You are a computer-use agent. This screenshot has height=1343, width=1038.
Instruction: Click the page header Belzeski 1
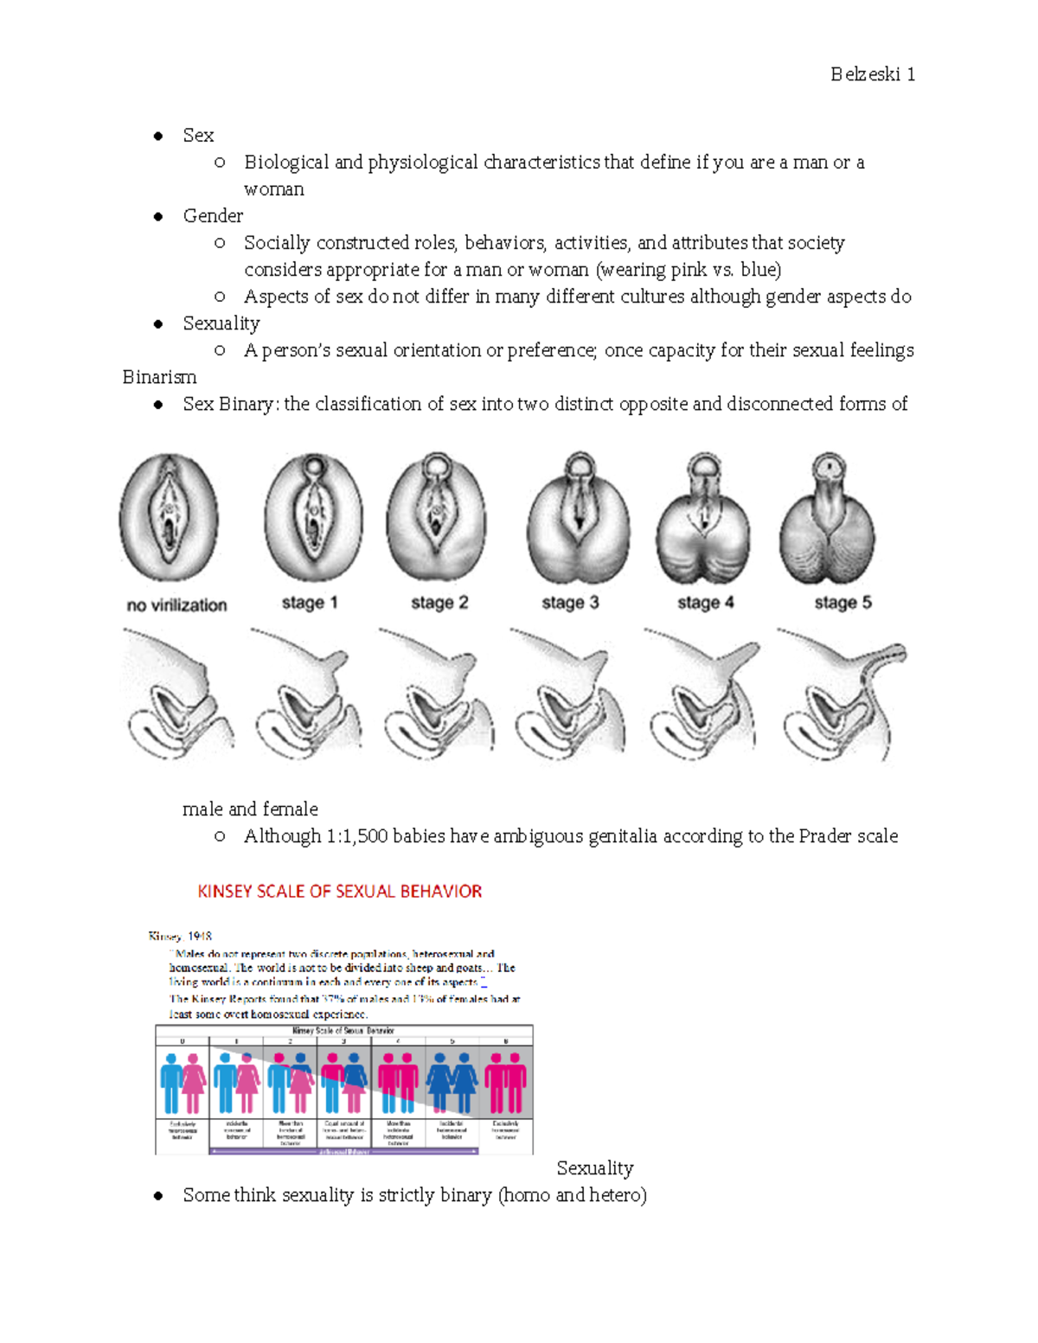coord(872,74)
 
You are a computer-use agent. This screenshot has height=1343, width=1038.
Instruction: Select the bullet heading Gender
coord(213,216)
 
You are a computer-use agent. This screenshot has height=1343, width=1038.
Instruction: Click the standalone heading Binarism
coord(159,377)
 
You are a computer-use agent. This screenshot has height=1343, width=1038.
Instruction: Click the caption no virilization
coord(176,605)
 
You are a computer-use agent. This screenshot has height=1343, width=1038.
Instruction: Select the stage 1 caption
coord(310,603)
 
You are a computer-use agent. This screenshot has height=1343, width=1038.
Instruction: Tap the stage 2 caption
coord(439,603)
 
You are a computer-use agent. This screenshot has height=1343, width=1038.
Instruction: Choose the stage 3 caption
coord(570,603)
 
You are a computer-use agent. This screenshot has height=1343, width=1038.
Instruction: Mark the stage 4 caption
coord(705,603)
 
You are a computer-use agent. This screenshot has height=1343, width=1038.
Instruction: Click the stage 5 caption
coord(843,603)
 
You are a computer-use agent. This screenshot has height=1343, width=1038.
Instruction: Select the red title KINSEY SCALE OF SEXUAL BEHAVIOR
coord(339,892)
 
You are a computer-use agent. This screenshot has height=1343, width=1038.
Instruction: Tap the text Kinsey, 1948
coord(180,936)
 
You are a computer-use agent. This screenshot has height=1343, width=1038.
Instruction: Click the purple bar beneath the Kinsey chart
coord(344,1152)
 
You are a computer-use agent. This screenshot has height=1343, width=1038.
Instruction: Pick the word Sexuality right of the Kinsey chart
coord(595,1168)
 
